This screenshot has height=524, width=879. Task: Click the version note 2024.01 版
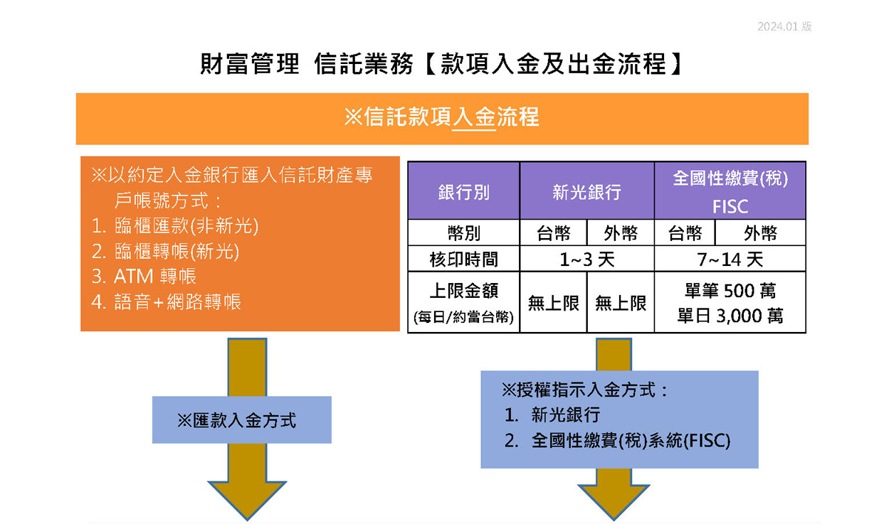point(784,27)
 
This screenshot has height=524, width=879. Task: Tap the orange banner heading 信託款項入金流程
point(441,117)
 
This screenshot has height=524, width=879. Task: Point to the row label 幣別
point(463,233)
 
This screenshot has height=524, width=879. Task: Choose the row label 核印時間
point(463,260)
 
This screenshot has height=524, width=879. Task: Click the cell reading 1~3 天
point(586,260)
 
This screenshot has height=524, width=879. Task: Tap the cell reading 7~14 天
point(730,260)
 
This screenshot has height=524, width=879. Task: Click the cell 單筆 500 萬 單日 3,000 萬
point(730,302)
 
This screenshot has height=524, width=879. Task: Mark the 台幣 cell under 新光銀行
point(553,233)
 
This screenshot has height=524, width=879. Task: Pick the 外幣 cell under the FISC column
point(760,233)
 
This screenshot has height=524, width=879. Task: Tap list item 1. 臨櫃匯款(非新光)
point(175,226)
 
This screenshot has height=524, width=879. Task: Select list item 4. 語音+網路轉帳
point(167,301)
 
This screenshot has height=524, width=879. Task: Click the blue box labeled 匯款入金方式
point(241,420)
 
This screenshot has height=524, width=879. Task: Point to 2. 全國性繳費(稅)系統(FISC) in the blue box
point(617,441)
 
